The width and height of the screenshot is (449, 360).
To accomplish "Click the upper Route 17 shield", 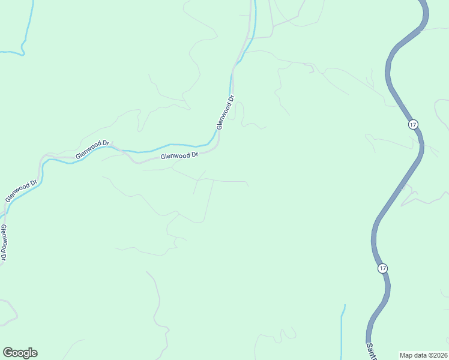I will pos(412,124).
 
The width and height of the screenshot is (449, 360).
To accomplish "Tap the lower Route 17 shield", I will pos(383,268).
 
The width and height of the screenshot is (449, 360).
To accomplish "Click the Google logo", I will pos(20,353).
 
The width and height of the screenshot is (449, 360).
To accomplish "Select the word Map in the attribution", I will pos(406,355).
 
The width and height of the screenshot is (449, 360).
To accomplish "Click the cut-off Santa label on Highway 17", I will pos(370,352).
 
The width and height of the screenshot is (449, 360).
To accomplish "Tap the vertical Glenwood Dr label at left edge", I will pos(4,242).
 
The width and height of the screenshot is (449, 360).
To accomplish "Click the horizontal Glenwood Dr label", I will pos(179,155).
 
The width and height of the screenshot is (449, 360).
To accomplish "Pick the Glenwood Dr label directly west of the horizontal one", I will pos(92,150).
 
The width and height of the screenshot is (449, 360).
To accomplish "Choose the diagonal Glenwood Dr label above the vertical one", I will pos(21,190).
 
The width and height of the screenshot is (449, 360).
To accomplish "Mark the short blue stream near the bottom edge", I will pos(343,330).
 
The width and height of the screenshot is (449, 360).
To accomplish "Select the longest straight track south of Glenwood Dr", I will pos(209,201).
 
